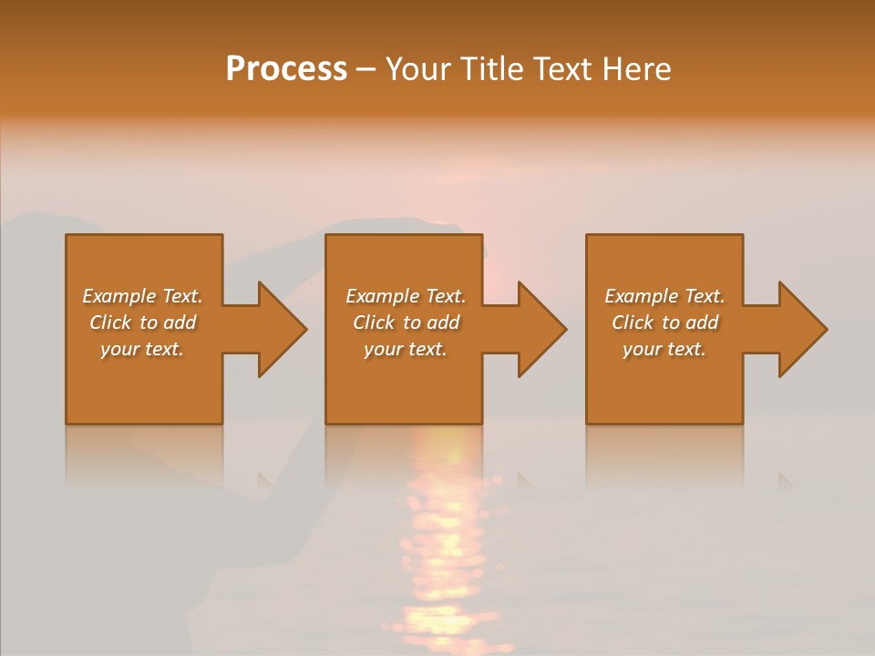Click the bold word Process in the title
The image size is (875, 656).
click(x=286, y=69)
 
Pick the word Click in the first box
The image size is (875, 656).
click(x=110, y=323)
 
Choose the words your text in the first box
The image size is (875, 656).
click(x=142, y=349)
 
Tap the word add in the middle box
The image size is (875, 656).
click(x=443, y=323)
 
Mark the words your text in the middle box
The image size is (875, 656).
click(x=405, y=349)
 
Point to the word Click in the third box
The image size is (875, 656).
click(x=633, y=323)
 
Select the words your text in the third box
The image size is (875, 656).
click(x=664, y=349)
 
